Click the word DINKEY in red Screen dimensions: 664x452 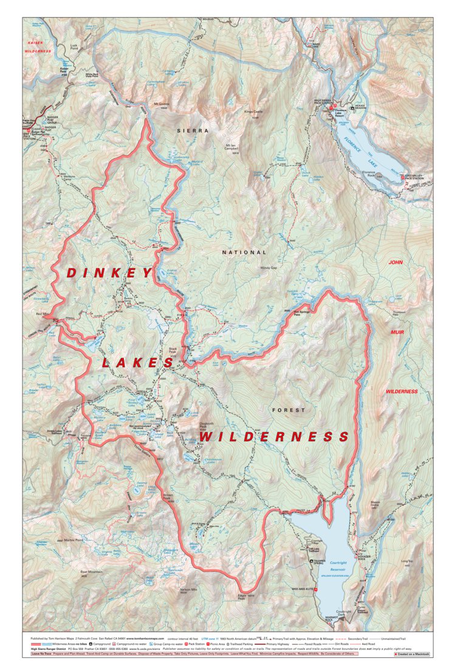109,274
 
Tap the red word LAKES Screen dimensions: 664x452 138,363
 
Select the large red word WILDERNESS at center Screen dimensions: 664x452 275,437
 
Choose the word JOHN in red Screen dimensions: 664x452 396,262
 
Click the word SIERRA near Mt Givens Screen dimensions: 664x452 193,130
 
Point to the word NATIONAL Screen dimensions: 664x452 244,252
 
